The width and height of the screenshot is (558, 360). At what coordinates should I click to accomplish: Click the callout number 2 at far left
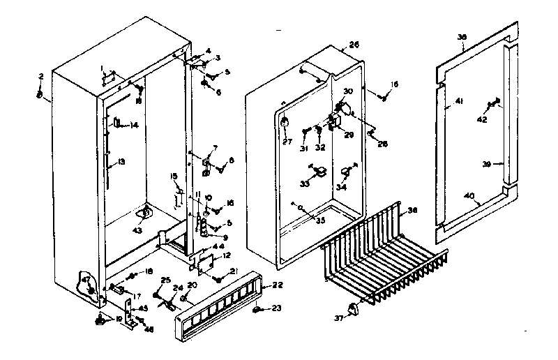(41, 75)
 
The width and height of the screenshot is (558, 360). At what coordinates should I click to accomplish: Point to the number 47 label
(86, 280)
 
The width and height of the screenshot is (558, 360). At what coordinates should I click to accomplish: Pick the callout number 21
(234, 271)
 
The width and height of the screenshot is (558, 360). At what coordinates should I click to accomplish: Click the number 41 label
(459, 102)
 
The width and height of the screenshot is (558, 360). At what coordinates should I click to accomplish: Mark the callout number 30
(348, 91)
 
